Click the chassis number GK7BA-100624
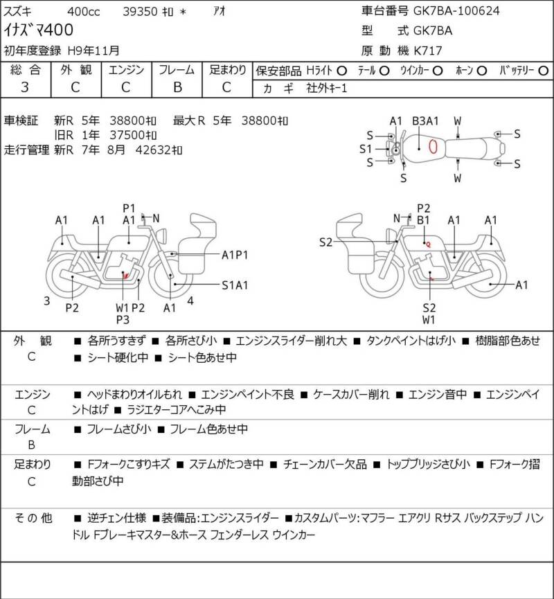pyautogui.click(x=456, y=10)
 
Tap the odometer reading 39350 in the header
pyautogui.click(x=140, y=12)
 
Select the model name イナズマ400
pyautogui.click(x=38, y=30)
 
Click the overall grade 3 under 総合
pyautogui.click(x=25, y=87)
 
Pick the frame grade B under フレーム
pyautogui.click(x=177, y=87)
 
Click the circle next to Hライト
pyautogui.click(x=342, y=71)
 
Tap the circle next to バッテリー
pyautogui.click(x=544, y=71)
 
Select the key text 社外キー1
pyautogui.click(x=327, y=89)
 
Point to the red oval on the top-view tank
pyautogui.click(x=433, y=147)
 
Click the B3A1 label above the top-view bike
pyautogui.click(x=425, y=121)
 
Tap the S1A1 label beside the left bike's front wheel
pyautogui.click(x=235, y=285)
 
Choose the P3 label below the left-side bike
pyautogui.click(x=123, y=319)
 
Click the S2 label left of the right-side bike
pyautogui.click(x=326, y=242)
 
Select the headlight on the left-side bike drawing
pyautogui.click(x=162, y=235)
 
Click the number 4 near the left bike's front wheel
pyautogui.click(x=190, y=301)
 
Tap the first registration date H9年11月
pyautogui.click(x=93, y=51)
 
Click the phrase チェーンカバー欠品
pyautogui.click(x=325, y=464)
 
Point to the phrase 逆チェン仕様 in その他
pyautogui.click(x=116, y=518)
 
